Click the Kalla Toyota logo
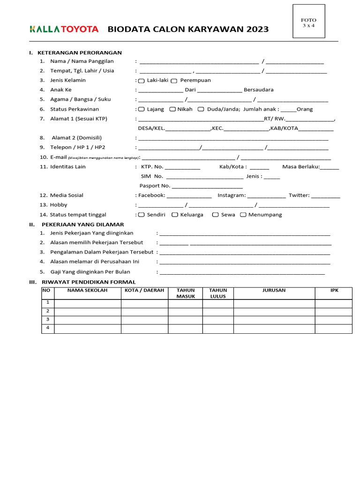point(64,30)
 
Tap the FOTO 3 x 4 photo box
point(308,21)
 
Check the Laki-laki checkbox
point(142,81)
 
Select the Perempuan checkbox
point(174,81)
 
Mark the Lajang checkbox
point(142,109)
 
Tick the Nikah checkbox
point(172,109)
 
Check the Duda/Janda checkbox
point(201,109)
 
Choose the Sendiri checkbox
point(142,215)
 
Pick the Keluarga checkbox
point(175,215)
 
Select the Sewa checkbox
point(215,215)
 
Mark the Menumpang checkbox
point(243,215)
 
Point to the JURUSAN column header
point(274,291)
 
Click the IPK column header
point(334,291)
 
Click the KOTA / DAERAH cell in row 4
point(144,329)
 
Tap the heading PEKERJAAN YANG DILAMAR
point(82,225)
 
